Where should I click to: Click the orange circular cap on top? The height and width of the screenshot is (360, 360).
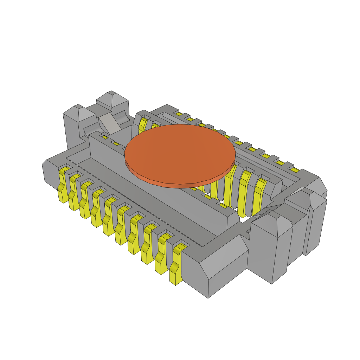click(180, 154)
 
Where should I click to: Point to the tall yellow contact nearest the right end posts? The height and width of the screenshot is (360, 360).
click(259, 197)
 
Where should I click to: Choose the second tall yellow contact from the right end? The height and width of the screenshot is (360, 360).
click(244, 193)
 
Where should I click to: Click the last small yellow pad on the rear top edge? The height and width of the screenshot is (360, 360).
click(295, 170)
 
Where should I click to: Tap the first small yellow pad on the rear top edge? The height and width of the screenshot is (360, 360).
click(179, 114)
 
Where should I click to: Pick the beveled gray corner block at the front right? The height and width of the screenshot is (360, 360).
click(218, 267)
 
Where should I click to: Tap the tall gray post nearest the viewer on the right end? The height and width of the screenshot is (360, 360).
click(271, 246)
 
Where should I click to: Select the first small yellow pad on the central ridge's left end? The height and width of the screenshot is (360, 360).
click(105, 137)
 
